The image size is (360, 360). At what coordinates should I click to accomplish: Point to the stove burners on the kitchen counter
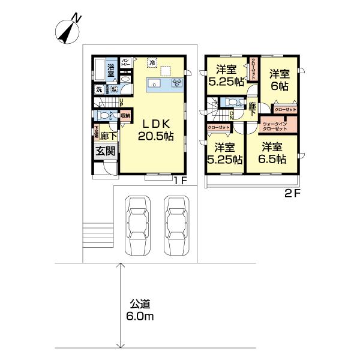coord(177,83)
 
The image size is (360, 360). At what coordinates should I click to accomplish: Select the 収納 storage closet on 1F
coord(125,115)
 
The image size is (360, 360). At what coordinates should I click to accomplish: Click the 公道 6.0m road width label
coord(139,310)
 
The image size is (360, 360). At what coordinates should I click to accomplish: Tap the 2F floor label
coord(292,193)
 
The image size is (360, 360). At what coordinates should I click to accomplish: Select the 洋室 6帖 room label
coord(280,80)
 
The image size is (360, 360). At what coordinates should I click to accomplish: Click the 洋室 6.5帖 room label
coord(273,153)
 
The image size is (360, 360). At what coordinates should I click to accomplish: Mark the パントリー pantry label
coord(127,62)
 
